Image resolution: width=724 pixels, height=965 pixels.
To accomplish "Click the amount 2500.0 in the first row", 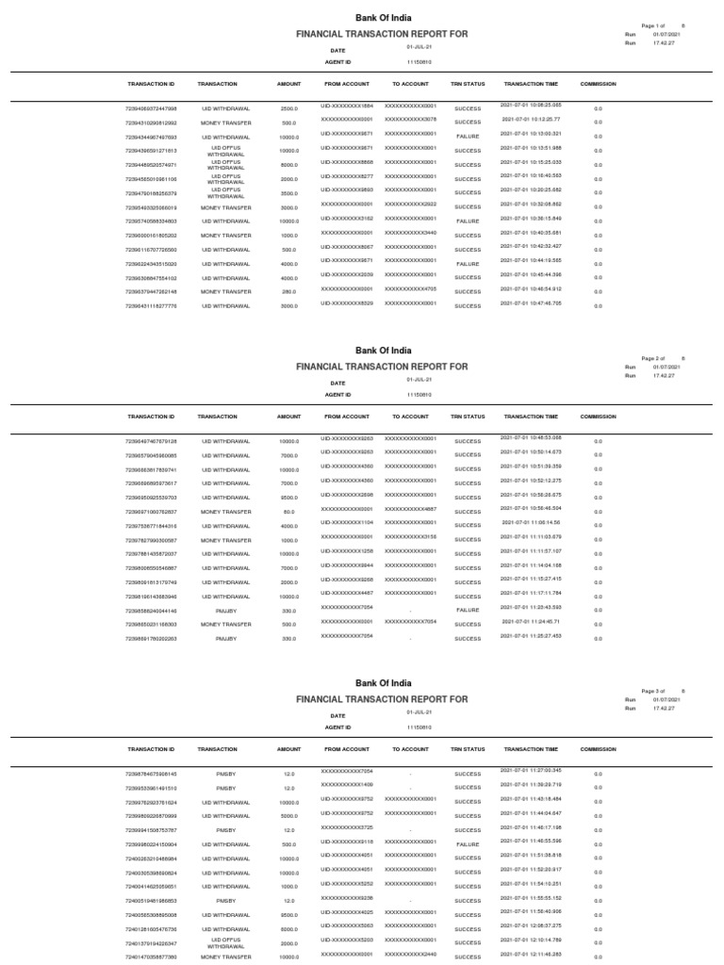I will (x=288, y=108).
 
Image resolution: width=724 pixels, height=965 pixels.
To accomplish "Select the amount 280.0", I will (x=288, y=292).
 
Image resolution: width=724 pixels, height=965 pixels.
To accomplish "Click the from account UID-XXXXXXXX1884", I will (x=347, y=106).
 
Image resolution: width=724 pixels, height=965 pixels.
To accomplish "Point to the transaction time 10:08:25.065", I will (x=532, y=106).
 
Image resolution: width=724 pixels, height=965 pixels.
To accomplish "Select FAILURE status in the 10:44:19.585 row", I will (x=468, y=263).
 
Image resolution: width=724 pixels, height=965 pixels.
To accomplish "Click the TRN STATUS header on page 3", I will (x=468, y=746).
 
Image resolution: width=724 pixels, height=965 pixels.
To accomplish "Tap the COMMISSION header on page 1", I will (x=598, y=84).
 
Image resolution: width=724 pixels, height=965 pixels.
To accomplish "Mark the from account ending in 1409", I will (x=347, y=784).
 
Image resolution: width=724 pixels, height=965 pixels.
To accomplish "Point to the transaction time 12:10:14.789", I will (x=532, y=940).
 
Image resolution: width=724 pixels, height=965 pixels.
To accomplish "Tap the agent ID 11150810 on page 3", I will (x=419, y=728).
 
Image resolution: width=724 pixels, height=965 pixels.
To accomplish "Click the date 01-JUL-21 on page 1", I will (x=419, y=46).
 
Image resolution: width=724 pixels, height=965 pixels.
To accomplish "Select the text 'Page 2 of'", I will (x=653, y=359).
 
